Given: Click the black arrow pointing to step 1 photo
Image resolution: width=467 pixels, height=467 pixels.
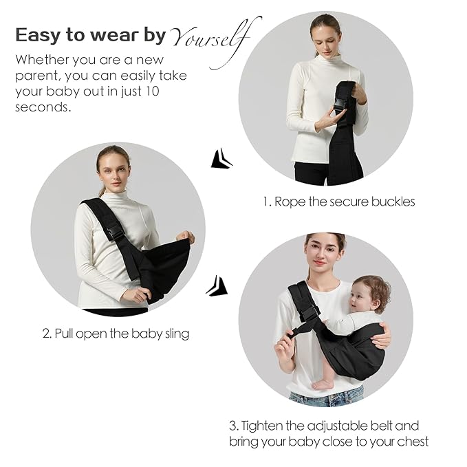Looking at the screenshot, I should [220, 159].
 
